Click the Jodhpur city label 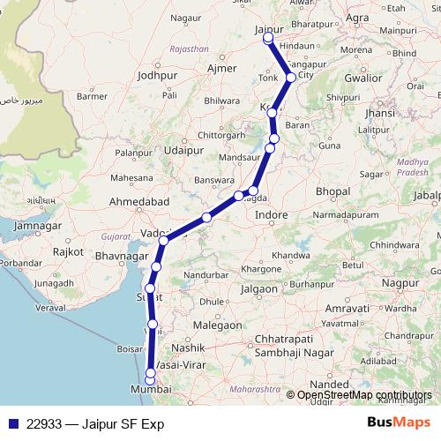[158, 77]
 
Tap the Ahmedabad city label [138, 203]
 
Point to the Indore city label [271, 214]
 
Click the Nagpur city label [400, 282]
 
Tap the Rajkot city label [68, 251]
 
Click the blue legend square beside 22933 [12, 424]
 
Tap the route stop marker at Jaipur [268, 39]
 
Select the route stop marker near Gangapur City [291, 78]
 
